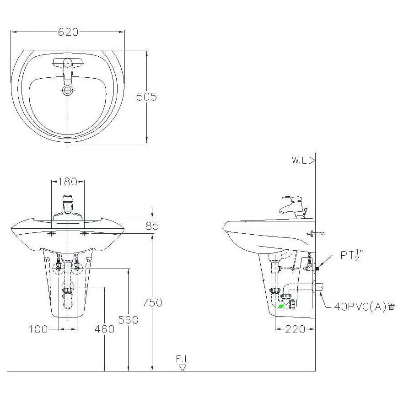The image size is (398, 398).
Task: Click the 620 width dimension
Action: tap(68, 32)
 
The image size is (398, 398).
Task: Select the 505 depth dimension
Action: tap(147, 97)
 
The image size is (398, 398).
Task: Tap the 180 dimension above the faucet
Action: tap(68, 182)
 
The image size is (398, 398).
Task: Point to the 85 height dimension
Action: tap(152, 226)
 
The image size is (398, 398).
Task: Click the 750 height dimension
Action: tap(152, 302)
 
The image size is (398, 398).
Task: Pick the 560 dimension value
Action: tap(129, 320)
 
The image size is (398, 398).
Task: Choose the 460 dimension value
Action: tap(105, 329)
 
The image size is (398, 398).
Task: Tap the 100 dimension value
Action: tap(38, 329)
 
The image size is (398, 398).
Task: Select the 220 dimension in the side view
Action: tap(295, 329)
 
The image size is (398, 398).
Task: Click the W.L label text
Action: tap(300, 161)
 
